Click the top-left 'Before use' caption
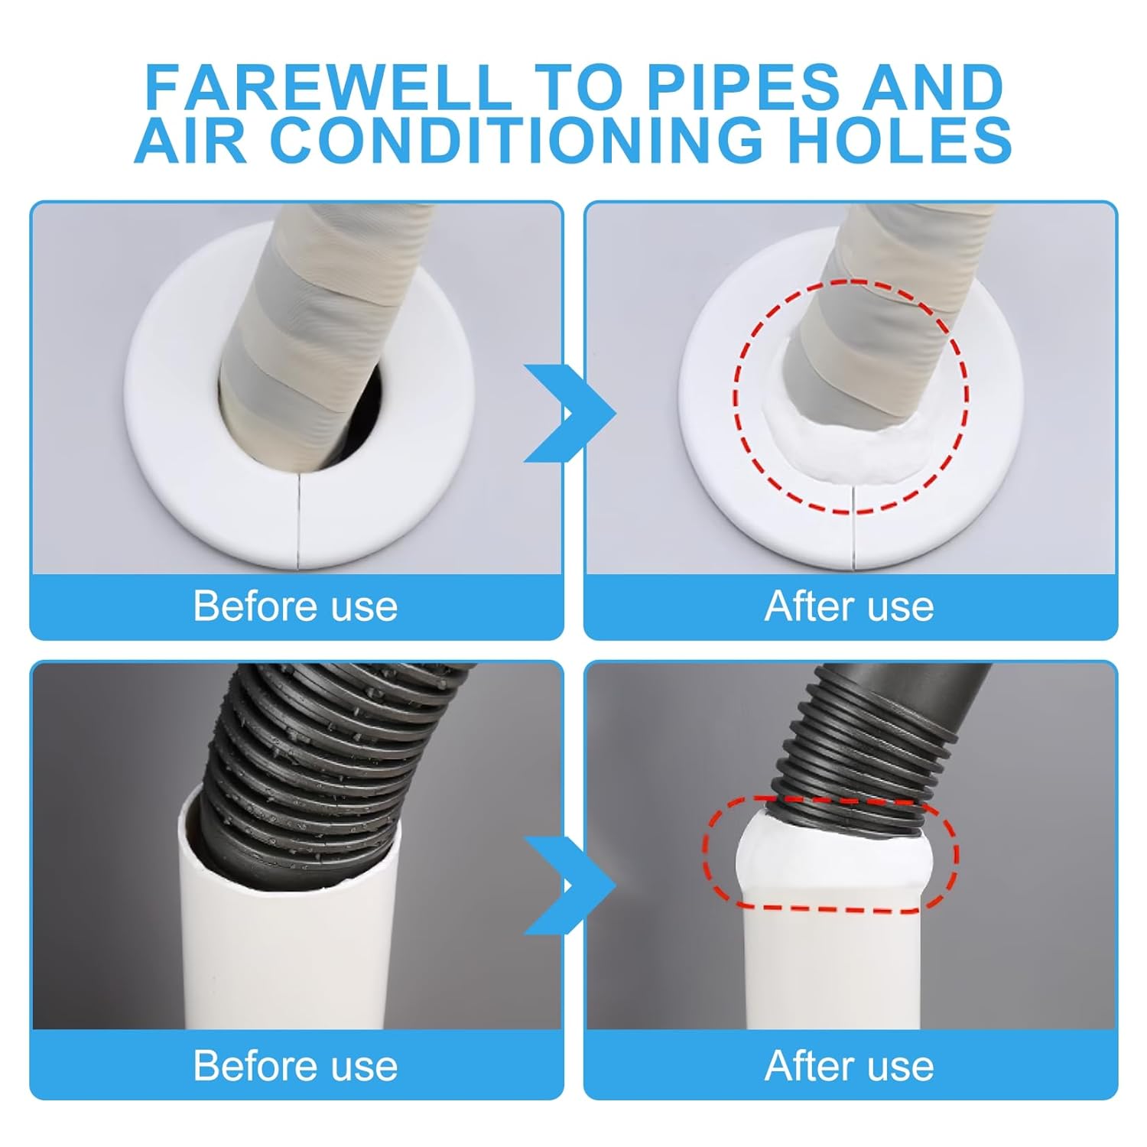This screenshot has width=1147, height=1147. click(x=295, y=606)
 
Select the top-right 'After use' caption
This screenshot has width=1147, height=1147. click(x=849, y=606)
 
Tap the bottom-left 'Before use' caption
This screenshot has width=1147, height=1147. click(x=295, y=1065)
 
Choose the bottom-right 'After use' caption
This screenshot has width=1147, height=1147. click(x=849, y=1065)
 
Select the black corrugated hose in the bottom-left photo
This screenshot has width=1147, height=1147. click(x=306, y=765)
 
